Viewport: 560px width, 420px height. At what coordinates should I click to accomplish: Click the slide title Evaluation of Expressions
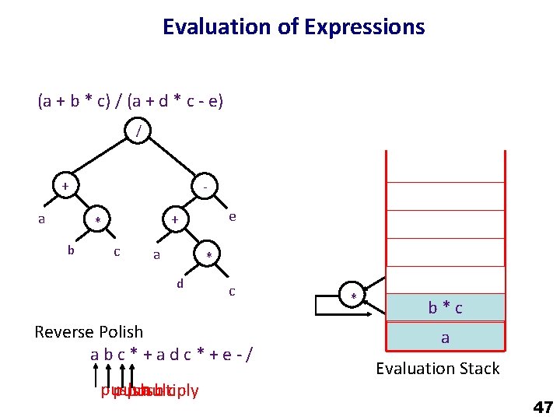pyautogui.click(x=293, y=27)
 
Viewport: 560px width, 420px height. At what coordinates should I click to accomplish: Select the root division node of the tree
pyautogui.click(x=138, y=132)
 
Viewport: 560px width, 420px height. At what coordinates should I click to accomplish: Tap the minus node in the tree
pyautogui.click(x=205, y=187)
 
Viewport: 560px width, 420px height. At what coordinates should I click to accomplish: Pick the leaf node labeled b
pyautogui.click(x=71, y=250)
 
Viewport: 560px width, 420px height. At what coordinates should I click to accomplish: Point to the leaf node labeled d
pyautogui.click(x=180, y=284)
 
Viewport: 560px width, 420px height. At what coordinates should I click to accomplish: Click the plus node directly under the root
pyautogui.click(x=66, y=187)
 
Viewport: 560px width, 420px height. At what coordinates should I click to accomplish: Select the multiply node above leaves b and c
pyautogui.click(x=97, y=221)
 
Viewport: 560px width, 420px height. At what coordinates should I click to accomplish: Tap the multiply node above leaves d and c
pyautogui.click(x=208, y=256)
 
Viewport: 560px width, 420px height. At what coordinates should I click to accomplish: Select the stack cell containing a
pyautogui.click(x=446, y=338)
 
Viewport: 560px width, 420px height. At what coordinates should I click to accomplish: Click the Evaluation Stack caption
pyautogui.click(x=438, y=369)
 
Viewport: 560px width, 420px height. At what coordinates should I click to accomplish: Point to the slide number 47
pyautogui.click(x=542, y=407)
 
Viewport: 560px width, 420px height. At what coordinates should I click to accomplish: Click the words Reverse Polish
pyautogui.click(x=89, y=332)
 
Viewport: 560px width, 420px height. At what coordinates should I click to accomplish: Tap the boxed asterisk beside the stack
pyautogui.click(x=353, y=298)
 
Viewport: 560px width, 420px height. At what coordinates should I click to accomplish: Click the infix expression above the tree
pyautogui.click(x=131, y=101)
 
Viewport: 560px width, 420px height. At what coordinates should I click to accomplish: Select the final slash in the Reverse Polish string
pyautogui.click(x=248, y=355)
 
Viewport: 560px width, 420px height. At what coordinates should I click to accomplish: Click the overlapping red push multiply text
pyautogui.click(x=149, y=390)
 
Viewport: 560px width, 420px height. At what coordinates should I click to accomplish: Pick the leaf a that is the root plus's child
pyautogui.click(x=42, y=219)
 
